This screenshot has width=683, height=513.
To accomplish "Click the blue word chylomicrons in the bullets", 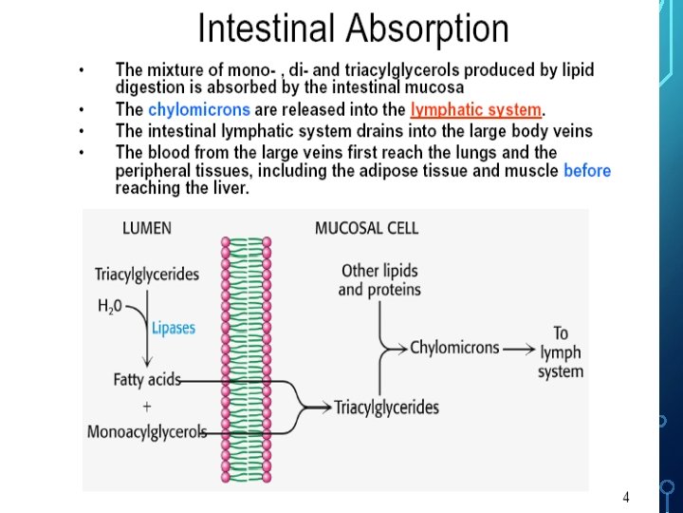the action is click(x=199, y=110).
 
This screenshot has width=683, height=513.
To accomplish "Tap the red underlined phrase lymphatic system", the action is click(x=475, y=110).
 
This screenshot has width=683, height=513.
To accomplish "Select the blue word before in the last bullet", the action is click(x=587, y=171).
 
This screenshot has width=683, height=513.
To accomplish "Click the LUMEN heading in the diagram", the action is click(x=147, y=228).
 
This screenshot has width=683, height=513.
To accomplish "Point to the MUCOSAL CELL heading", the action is click(x=366, y=228).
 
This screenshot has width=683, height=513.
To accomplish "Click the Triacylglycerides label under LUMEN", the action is click(x=147, y=275).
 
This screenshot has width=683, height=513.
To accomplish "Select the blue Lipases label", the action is click(x=174, y=328).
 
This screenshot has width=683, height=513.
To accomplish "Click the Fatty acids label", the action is click(x=147, y=380).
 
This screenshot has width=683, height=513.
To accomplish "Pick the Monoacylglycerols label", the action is click(x=147, y=432).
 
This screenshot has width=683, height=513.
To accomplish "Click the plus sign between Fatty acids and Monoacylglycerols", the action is click(x=146, y=406).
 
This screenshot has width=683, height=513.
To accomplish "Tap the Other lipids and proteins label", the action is click(x=379, y=280).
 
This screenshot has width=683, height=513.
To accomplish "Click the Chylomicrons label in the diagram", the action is click(x=454, y=348).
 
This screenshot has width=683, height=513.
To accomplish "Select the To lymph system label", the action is click(x=561, y=351).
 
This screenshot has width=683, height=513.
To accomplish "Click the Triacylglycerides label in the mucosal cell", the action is click(x=387, y=408).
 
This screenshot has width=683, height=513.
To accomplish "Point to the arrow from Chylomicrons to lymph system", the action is click(x=520, y=349).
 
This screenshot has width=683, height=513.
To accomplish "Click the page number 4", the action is click(x=626, y=497).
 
